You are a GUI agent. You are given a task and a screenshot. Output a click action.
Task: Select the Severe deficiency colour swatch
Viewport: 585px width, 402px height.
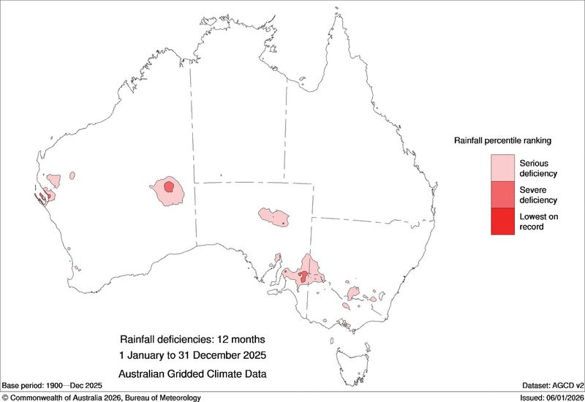(x=502, y=194)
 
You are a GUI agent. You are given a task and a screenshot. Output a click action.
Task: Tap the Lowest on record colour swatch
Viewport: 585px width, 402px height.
(x=502, y=221)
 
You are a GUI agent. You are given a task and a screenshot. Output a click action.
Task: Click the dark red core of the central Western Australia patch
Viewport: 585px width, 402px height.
(x=170, y=187)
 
